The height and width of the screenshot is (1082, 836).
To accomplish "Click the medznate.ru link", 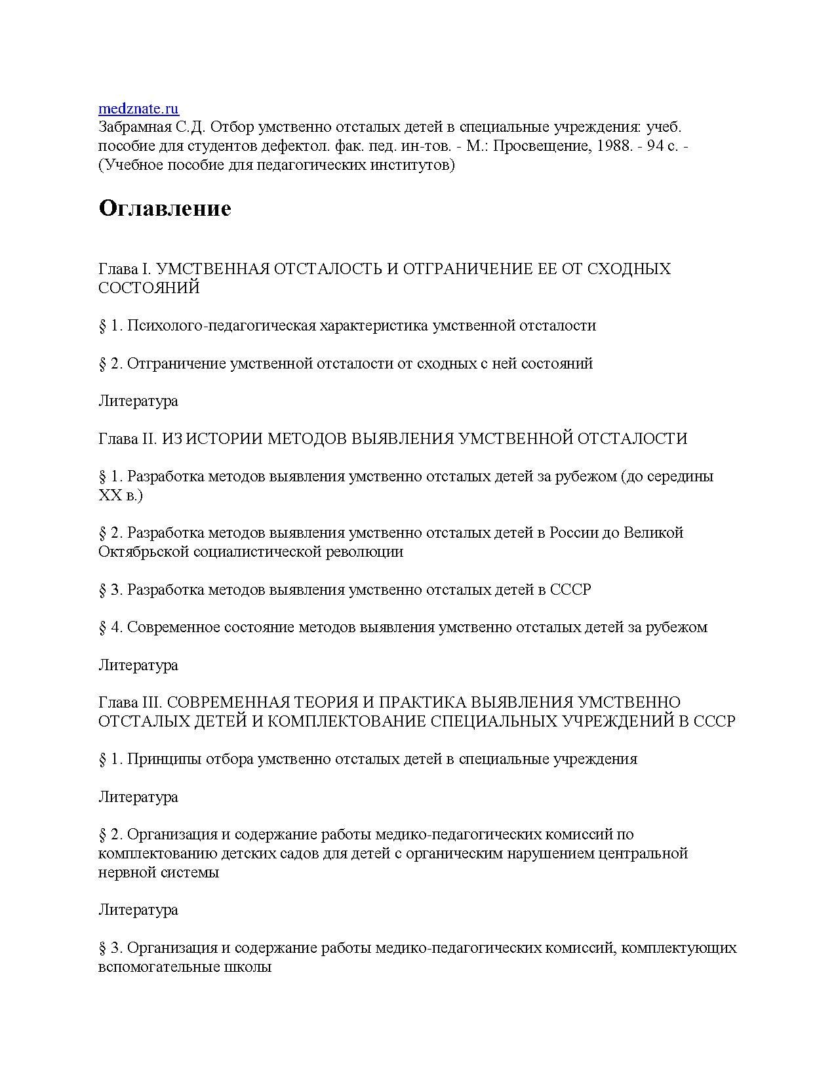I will click(x=138, y=109).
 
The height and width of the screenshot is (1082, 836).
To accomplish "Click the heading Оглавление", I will click(x=165, y=208).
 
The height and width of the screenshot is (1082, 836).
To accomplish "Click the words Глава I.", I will click(x=125, y=269).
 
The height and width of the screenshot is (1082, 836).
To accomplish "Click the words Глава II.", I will click(x=128, y=439).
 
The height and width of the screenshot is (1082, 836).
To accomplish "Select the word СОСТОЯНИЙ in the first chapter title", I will click(x=149, y=288).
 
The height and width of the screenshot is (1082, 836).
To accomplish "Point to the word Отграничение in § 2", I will click(x=176, y=363).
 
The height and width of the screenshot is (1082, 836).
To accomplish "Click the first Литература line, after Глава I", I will click(x=138, y=401).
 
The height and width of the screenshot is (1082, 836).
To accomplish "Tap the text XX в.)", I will click(x=121, y=495).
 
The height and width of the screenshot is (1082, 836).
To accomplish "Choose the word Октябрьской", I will click(x=144, y=551).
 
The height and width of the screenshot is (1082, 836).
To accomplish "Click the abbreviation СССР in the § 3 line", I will click(x=570, y=590).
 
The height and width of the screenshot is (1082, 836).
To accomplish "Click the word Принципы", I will click(x=164, y=759).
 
